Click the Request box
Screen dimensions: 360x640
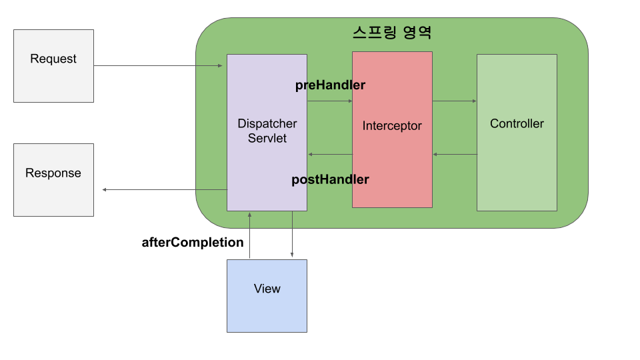53,65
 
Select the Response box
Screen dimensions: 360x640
53,179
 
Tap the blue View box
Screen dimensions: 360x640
267,295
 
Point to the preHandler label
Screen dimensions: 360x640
330,85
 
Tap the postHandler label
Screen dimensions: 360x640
330,179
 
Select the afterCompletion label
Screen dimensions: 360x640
193,243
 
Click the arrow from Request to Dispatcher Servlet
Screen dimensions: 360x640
158,65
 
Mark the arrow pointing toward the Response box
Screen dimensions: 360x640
164,190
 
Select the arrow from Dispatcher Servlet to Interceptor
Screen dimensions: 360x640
329,101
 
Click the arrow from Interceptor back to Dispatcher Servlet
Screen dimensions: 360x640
329,155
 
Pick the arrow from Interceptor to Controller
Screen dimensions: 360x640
454,101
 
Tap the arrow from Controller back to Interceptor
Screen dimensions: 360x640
454,155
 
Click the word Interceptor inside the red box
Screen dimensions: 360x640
392,125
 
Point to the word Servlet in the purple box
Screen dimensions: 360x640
267,138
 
